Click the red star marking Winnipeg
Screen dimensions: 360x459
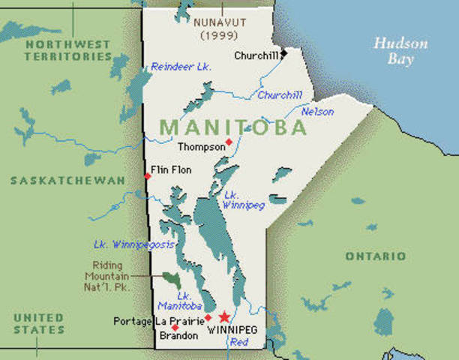coord(223,317)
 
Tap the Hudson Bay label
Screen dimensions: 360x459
coord(400,50)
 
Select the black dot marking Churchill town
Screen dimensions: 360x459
coord(284,55)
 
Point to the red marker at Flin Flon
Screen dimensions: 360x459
coord(148,176)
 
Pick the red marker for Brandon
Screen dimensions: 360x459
coord(175,328)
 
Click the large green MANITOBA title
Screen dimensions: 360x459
coord(233,127)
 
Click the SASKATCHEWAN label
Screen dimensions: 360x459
coord(67,181)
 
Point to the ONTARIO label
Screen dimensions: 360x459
coord(375,256)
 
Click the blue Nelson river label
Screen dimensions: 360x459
coord(317,112)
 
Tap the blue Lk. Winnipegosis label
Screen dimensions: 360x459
coord(134,244)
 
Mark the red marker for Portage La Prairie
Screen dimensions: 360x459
coord(208,318)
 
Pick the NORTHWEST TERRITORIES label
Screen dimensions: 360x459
coord(68,50)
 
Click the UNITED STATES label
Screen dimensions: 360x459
coord(38,324)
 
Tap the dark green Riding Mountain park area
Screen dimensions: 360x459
coord(172,279)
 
